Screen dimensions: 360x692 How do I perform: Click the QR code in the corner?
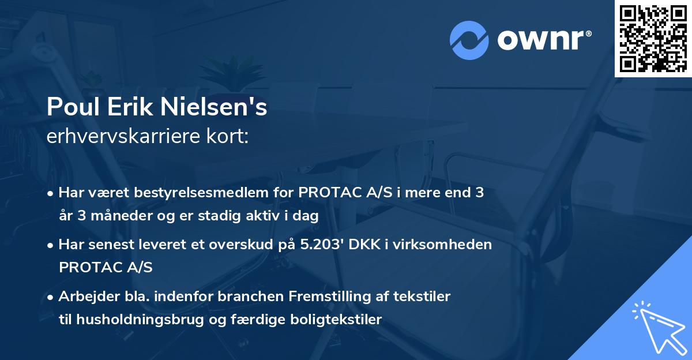pos(653,38)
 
